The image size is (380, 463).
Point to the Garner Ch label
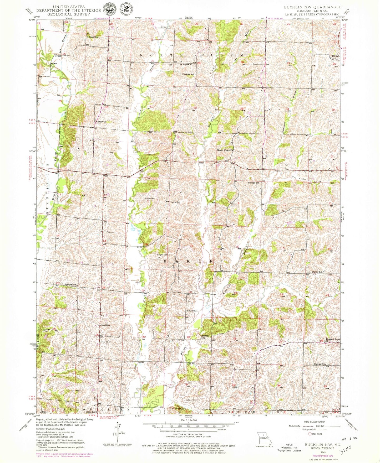[101, 122]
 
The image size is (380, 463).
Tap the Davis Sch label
[175, 202]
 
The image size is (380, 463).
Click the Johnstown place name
[105, 325]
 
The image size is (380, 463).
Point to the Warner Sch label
[320, 364]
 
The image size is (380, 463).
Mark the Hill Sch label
[336, 56]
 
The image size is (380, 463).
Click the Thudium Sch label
[188, 75]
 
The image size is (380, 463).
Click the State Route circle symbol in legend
[310, 434]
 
